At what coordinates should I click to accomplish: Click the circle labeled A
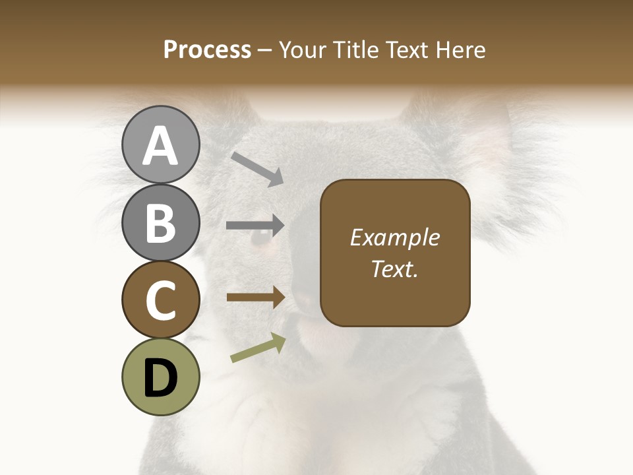point(160,144)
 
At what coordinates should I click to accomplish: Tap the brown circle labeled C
point(160,300)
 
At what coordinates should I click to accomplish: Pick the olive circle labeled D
point(160,377)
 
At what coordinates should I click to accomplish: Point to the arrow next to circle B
point(255,226)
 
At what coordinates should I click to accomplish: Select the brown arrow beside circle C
point(255,298)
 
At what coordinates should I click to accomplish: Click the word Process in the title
point(207,50)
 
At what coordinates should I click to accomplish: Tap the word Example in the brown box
point(394,237)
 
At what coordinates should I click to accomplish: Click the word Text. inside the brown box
point(394,269)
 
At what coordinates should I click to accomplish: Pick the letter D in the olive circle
point(160,378)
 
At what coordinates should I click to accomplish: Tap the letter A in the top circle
point(160,146)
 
